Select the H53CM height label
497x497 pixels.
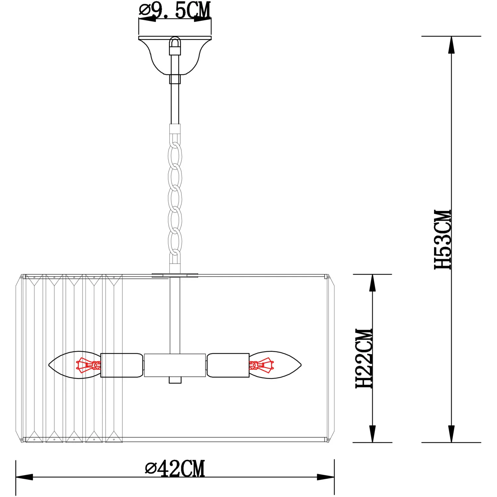point(443,239)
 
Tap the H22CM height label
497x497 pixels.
point(364,358)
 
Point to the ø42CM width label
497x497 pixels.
point(175,468)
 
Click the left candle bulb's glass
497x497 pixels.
point(75,365)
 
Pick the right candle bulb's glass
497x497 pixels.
point(275,365)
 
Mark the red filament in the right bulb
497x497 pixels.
point(261,365)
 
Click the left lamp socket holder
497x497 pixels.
point(122,365)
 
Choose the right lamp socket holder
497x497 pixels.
point(228,365)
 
